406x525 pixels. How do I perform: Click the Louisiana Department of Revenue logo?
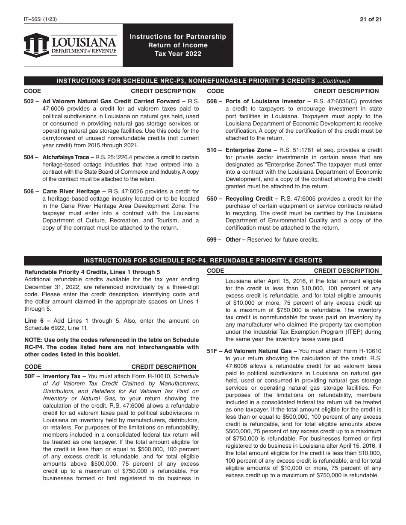click(x=71, y=45)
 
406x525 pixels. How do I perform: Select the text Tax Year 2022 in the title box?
click(x=178, y=54)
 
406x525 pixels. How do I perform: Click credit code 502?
click(x=29, y=102)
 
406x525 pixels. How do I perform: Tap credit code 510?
click(x=212, y=150)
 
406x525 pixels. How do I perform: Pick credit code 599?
click(x=212, y=240)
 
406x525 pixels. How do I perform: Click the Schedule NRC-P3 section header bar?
click(x=203, y=81)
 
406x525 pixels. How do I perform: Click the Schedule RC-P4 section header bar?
click(x=203, y=260)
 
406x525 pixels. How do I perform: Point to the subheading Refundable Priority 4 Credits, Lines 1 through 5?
click(x=92, y=272)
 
